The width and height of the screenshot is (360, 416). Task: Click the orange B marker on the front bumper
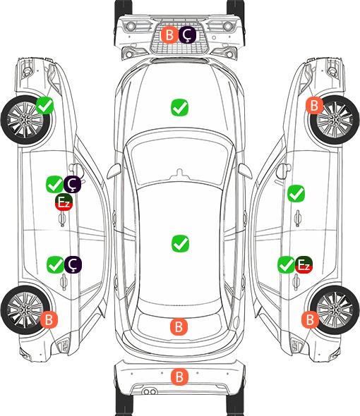(x=169, y=35)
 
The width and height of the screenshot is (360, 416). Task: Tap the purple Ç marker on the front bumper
(x=187, y=35)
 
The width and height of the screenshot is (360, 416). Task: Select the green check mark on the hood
(x=179, y=107)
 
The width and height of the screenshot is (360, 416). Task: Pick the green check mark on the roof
(x=181, y=243)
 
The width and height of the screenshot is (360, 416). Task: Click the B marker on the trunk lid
(x=179, y=326)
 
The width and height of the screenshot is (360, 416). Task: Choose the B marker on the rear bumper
(x=179, y=377)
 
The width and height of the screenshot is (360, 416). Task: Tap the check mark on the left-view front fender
(x=45, y=106)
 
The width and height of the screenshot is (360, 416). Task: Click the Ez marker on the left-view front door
(x=64, y=202)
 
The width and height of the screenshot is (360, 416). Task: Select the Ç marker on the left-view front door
(x=72, y=184)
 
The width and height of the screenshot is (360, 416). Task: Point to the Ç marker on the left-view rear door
(x=73, y=265)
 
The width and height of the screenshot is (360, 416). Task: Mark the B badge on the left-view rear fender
(x=49, y=319)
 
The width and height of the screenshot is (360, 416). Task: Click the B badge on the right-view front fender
(x=314, y=105)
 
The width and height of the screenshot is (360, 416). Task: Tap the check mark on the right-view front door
(x=296, y=193)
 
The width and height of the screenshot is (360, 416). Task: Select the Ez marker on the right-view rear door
(x=304, y=264)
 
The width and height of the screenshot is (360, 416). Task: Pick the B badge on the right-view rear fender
(x=310, y=319)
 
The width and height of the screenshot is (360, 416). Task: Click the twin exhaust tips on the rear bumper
(x=150, y=392)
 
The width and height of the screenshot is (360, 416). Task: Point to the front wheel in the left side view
(x=25, y=120)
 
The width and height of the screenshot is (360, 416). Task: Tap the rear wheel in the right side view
(x=335, y=310)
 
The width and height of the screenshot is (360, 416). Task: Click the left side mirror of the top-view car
(x=114, y=171)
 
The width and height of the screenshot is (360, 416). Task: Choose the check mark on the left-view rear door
(x=55, y=265)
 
